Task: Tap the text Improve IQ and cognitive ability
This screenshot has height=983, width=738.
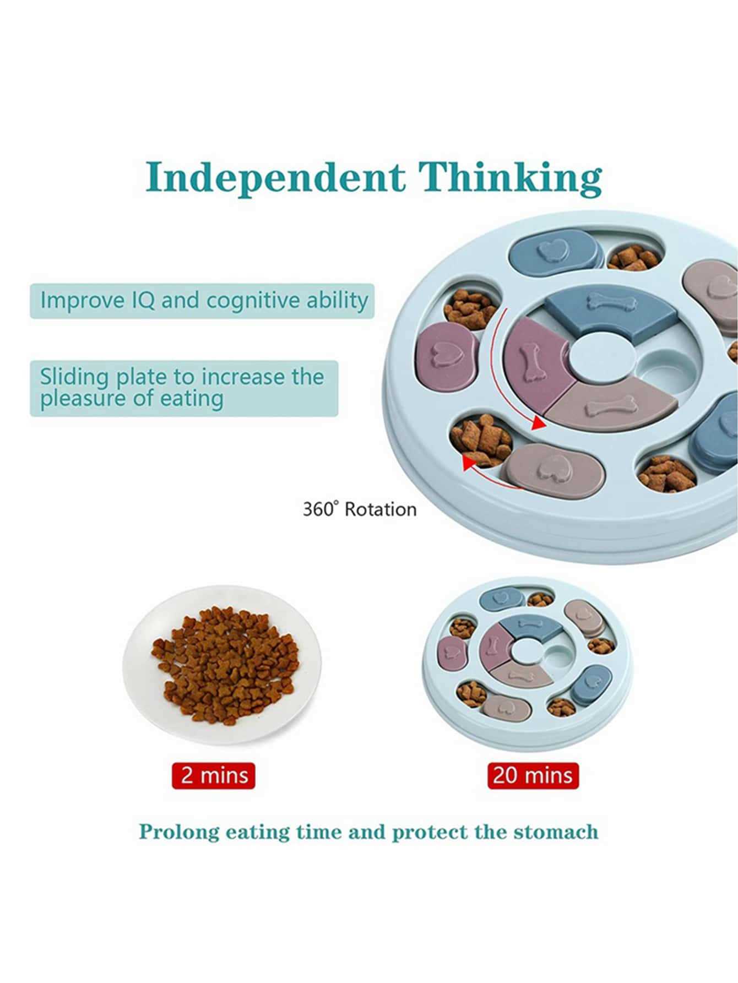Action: [x=204, y=301]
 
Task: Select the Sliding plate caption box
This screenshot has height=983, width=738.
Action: [x=183, y=388]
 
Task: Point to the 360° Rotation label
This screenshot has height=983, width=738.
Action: [x=360, y=509]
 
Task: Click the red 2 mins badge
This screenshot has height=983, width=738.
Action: [x=214, y=776]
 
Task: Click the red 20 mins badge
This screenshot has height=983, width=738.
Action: [x=533, y=776]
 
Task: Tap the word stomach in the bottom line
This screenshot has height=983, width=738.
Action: [x=556, y=832]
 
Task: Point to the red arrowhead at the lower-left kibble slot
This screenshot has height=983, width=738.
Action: [x=469, y=463]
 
